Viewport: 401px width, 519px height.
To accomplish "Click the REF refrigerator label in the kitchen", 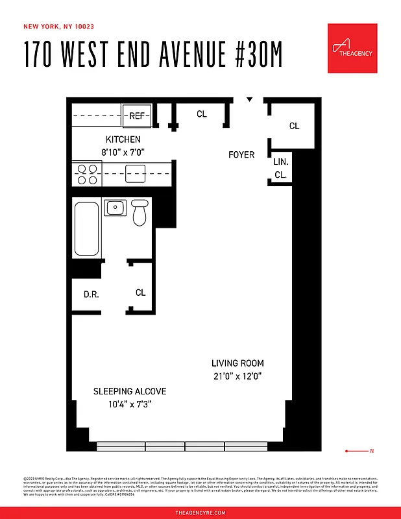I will pyautogui.click(x=137, y=116).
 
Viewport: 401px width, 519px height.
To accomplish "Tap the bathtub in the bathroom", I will pyautogui.click(x=86, y=229).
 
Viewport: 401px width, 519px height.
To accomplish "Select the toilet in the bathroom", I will pyautogui.click(x=140, y=213).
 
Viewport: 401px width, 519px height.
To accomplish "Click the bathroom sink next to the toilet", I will pyautogui.click(x=115, y=208).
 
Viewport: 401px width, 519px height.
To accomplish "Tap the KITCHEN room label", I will pyautogui.click(x=123, y=139).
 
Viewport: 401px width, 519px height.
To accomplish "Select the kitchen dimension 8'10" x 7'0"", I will pyautogui.click(x=123, y=152).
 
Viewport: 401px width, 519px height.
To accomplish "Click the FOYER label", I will pyautogui.click(x=241, y=154).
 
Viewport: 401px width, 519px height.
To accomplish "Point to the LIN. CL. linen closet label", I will pyautogui.click(x=280, y=168).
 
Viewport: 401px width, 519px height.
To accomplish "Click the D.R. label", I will pyautogui.click(x=91, y=295).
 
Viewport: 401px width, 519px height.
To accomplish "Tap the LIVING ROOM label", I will pyautogui.click(x=237, y=363).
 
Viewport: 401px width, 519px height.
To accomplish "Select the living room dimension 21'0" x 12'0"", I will pyautogui.click(x=237, y=376).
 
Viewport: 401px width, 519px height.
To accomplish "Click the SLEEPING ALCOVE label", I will pyautogui.click(x=130, y=391).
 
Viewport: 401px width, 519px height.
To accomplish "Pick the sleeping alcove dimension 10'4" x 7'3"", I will pyautogui.click(x=130, y=404).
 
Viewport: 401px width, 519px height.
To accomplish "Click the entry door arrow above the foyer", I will pyautogui.click(x=249, y=100).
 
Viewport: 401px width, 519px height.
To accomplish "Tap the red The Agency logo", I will pyautogui.click(x=352, y=49).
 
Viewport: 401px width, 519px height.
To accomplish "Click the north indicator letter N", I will pyautogui.click(x=372, y=451).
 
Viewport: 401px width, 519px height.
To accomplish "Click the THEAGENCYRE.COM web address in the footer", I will pyautogui.click(x=200, y=513).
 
